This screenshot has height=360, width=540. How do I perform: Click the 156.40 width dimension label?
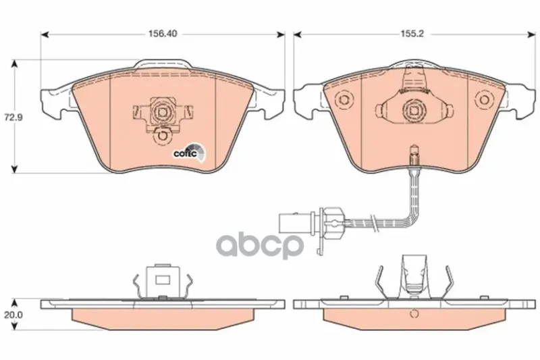coord(163,34)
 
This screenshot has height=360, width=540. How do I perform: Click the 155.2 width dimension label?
coord(412,34)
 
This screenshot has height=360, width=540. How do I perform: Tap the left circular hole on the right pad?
coord(344,99)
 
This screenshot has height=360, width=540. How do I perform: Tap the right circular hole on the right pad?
coord(484,99)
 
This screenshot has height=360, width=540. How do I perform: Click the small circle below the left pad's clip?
coord(161,136)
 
